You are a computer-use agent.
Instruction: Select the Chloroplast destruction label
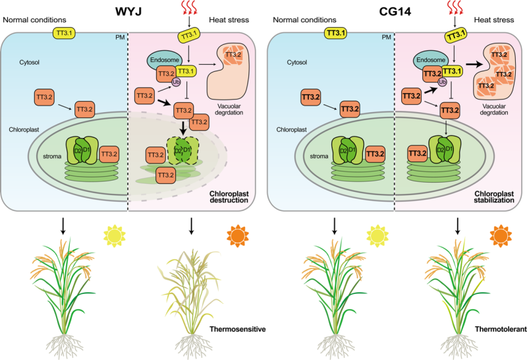coord(229,198)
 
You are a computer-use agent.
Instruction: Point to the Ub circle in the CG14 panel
coord(443,82)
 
